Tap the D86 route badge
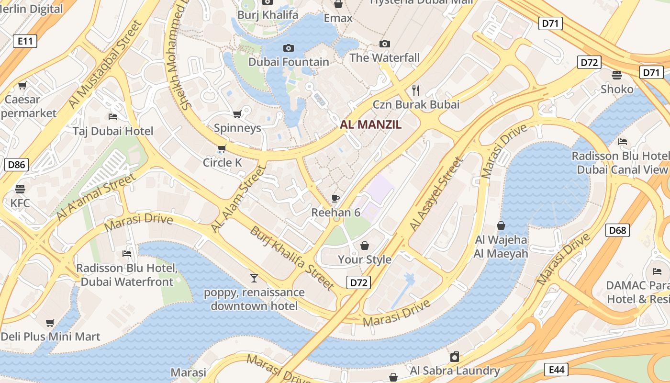click(x=16, y=165)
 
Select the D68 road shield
click(x=617, y=230)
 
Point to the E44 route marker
click(x=557, y=370)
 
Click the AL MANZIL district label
click(x=370, y=125)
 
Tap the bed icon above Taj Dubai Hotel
click(x=113, y=117)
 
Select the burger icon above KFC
click(x=20, y=189)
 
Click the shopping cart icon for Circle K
click(x=222, y=148)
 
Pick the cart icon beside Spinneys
click(x=237, y=114)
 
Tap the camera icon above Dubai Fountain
click(x=288, y=48)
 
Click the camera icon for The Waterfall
click(x=384, y=44)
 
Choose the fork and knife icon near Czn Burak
click(x=416, y=90)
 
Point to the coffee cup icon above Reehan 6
click(x=335, y=198)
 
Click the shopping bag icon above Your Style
click(x=365, y=246)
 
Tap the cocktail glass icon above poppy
click(x=254, y=278)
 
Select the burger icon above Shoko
click(x=617, y=75)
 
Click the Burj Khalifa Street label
click(x=291, y=258)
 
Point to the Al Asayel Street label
click(x=436, y=193)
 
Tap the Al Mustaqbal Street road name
click(x=106, y=64)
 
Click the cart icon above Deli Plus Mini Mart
click(x=50, y=323)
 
